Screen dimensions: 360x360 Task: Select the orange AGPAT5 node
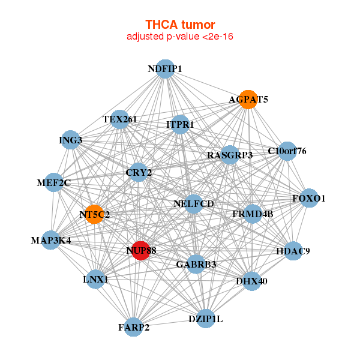pos(248,99)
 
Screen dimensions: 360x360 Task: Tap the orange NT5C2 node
pos(94,214)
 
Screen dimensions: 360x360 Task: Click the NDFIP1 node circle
pos(165,69)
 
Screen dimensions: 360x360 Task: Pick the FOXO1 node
pos(308,198)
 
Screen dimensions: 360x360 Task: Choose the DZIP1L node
pos(205,319)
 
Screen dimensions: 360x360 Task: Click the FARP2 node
pos(133,327)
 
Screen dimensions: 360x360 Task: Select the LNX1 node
pos(95,280)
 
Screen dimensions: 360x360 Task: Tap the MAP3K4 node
pos(51,241)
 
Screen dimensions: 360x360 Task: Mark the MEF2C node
pos(53,182)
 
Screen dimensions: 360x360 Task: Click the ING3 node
pos(70,140)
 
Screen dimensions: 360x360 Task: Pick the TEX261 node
pos(120,119)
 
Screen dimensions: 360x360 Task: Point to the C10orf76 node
pos(287,151)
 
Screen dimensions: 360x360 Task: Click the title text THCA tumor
pos(180,25)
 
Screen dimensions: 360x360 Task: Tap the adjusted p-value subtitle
pos(180,37)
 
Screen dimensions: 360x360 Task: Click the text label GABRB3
pos(196,264)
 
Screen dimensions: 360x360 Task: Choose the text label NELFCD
pos(194,204)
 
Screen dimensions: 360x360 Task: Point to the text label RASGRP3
pos(230,155)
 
